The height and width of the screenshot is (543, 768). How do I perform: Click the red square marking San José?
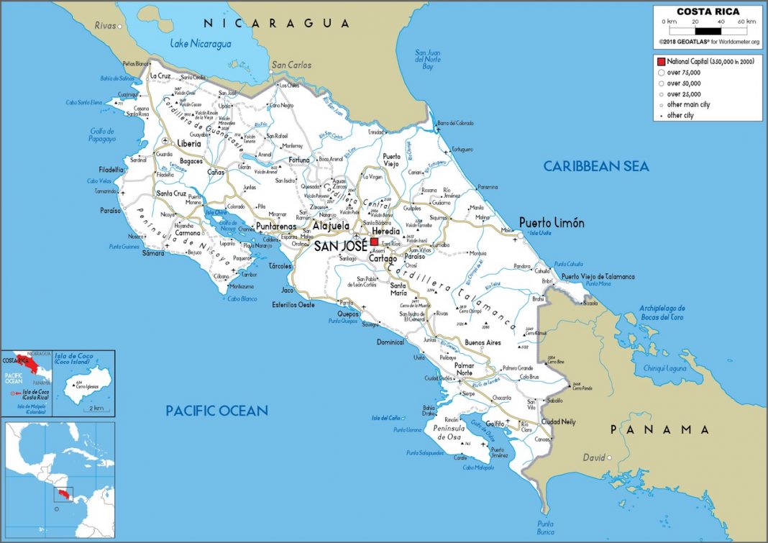(x=374, y=242)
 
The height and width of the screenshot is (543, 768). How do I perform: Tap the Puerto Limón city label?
(x=552, y=223)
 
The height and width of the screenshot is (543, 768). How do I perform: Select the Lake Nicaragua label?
(x=201, y=45)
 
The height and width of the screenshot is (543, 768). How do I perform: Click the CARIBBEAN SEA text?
(x=596, y=167)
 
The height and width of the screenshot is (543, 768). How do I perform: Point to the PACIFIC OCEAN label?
(x=216, y=411)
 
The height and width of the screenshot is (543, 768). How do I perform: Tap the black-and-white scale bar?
(x=708, y=31)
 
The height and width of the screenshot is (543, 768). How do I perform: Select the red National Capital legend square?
(x=660, y=62)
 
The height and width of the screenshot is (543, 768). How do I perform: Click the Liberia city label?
(x=189, y=143)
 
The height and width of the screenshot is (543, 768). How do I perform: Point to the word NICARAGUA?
(x=276, y=23)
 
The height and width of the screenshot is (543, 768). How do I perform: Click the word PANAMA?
(x=660, y=429)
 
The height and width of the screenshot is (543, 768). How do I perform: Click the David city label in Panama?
(x=593, y=457)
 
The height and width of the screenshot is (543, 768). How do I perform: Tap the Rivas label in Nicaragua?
(x=105, y=26)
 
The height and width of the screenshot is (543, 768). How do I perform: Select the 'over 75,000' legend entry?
(x=684, y=73)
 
